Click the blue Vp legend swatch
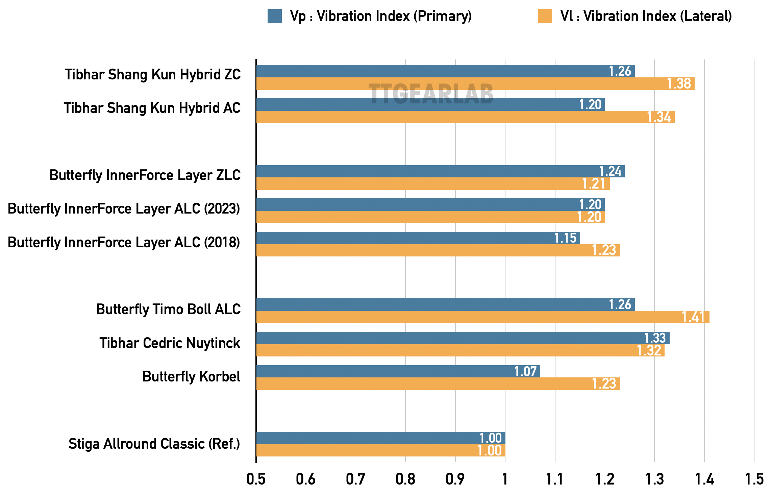(274, 16)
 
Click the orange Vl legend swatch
(545, 16)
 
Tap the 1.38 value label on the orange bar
(679, 84)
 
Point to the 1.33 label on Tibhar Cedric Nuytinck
(654, 338)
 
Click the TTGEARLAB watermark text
(431, 94)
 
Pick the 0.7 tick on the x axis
(355, 479)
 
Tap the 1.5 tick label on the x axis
(754, 479)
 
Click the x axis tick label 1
(505, 479)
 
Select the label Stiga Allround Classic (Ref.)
(154, 444)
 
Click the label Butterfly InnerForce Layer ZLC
(145, 175)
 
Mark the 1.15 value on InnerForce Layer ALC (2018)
(565, 238)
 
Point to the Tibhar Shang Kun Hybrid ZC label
(153, 74)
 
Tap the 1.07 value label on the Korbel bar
(525, 371)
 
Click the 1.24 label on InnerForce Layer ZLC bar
(610, 171)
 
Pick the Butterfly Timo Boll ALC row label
(168, 309)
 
